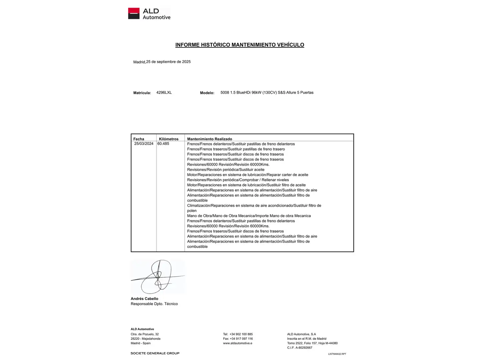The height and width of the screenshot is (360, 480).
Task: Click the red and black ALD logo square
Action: coord(134,14)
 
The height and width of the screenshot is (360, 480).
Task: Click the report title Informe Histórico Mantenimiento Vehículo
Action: coord(240,45)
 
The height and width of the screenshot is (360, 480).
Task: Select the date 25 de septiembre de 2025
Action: coord(168,62)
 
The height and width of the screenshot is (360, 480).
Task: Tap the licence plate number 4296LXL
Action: coord(164,93)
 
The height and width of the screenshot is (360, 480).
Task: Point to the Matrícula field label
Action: coord(142,93)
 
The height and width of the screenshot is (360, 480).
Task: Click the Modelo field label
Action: coord(207,93)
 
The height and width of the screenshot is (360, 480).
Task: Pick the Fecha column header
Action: coord(139,139)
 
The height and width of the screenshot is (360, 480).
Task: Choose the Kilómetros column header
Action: coord(169,139)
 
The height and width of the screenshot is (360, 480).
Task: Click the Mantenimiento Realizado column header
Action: coord(209,139)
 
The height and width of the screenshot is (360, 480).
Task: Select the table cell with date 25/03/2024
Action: coord(144,144)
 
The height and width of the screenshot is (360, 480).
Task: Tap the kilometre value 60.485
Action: coord(163,144)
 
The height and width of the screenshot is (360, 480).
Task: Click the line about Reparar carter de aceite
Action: coord(248,175)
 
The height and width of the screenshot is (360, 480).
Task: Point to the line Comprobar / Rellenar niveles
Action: coord(238,180)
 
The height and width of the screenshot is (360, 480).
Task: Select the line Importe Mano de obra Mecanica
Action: coord(249,216)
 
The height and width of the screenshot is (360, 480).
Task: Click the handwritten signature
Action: coord(158,277)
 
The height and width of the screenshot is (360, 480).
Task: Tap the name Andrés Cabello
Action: coord(144,299)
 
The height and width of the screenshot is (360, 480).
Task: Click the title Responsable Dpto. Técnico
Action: coord(154,304)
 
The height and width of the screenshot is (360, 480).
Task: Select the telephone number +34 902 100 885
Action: coord(241,334)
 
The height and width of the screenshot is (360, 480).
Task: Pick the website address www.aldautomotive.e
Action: coord(237,343)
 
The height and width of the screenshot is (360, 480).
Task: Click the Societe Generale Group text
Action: coord(155,353)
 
